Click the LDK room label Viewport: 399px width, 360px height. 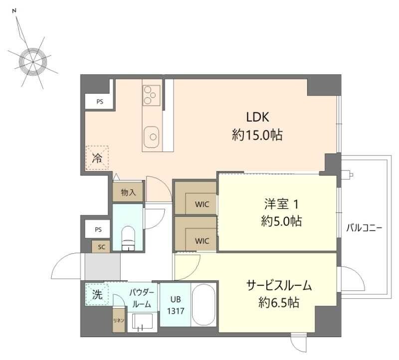pos(257,117)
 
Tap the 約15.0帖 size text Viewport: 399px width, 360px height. pos(257,135)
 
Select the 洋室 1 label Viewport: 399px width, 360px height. pos(281,204)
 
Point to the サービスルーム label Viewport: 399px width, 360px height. pos(279,285)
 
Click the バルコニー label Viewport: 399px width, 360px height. pos(364,228)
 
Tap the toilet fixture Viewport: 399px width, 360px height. pos(128,239)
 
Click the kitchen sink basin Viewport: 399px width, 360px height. pos(152,137)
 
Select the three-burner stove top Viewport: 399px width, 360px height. pos(152,95)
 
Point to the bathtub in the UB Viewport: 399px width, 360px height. pos(203,305)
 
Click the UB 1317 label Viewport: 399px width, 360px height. pos(176,305)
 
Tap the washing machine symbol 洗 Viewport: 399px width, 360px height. pos(97,295)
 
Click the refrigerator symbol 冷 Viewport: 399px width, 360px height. pos(97,158)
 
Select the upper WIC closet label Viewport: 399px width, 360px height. pos(202,204)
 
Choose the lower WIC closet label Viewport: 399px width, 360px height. pos(202,241)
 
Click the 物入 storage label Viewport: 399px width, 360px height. pos(128,192)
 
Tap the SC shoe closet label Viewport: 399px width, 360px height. pos(101,247)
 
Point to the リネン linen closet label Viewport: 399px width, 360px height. pos(119,320)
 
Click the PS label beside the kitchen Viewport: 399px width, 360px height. pos(100,102)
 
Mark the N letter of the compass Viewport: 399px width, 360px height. pos(14,10)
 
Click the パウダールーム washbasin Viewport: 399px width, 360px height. pos(142,322)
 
